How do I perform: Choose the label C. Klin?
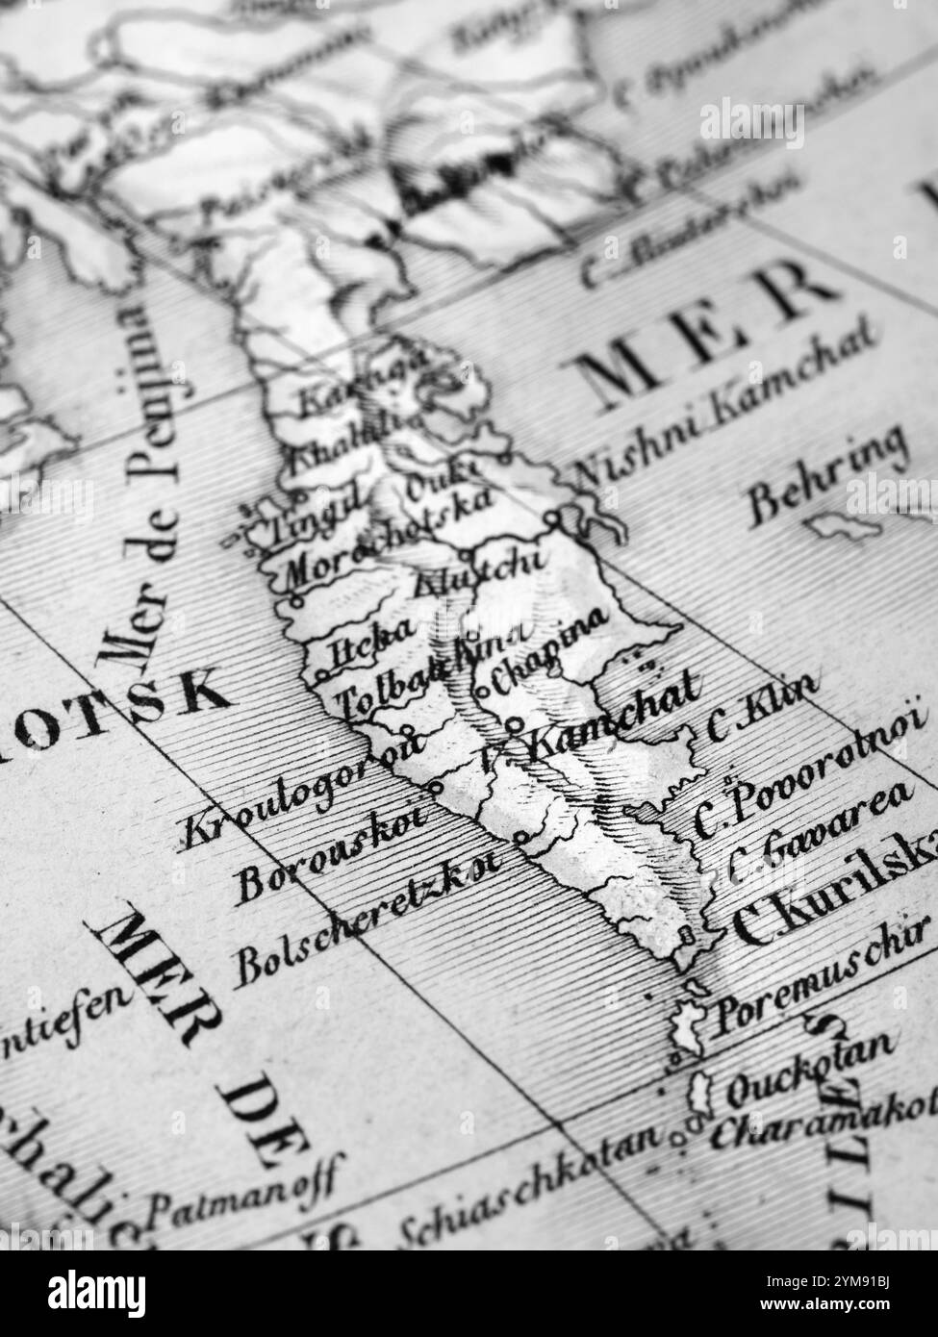(764, 707)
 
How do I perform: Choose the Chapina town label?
(549, 648)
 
